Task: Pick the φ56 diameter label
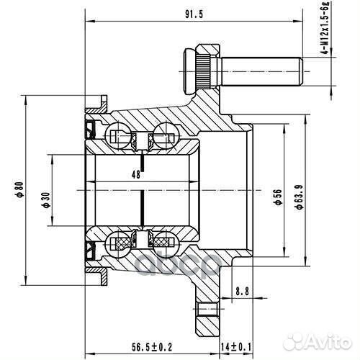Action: pyautogui.click(x=276, y=199)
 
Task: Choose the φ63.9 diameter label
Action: pyautogui.click(x=297, y=199)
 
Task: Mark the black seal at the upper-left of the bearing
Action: pyautogui.click(x=90, y=132)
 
